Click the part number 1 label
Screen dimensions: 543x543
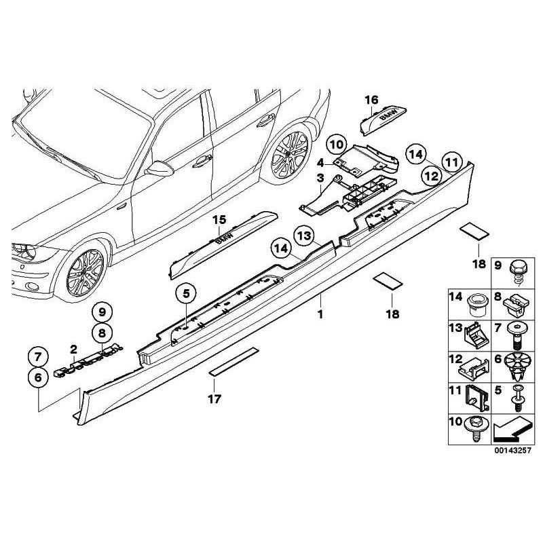(x=321, y=314)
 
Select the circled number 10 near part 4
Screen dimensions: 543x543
(x=334, y=144)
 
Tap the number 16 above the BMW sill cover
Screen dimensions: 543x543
(x=371, y=100)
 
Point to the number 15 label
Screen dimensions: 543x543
(x=218, y=219)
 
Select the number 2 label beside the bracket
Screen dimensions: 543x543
(x=73, y=349)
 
